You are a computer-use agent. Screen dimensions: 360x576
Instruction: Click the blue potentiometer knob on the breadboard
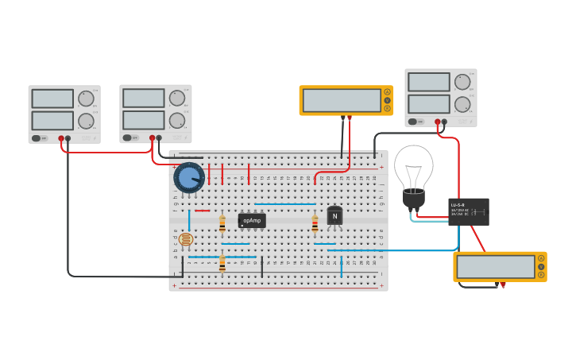pyautogui.click(x=188, y=178)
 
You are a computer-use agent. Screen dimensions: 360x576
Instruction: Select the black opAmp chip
pyautogui.click(x=251, y=220)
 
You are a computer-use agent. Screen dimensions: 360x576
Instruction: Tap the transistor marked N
pyautogui.click(x=334, y=216)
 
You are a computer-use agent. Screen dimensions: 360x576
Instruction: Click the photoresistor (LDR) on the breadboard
pyautogui.click(x=185, y=239)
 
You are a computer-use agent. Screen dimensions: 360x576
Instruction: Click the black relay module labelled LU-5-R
pyautogui.click(x=468, y=212)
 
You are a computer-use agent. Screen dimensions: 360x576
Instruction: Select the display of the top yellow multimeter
pyautogui.click(x=342, y=100)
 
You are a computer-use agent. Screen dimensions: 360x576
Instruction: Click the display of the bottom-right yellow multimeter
pyautogui.click(x=495, y=267)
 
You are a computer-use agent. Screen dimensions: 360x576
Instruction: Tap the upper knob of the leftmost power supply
pyautogui.click(x=86, y=99)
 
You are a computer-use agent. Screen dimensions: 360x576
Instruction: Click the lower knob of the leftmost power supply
pyautogui.click(x=86, y=122)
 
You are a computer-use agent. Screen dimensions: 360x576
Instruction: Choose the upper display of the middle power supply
pyautogui.click(x=144, y=98)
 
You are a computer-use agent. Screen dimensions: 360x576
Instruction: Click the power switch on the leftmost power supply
pyautogui.click(x=36, y=138)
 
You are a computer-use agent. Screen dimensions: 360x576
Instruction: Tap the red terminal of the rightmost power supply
pyautogui.click(x=437, y=122)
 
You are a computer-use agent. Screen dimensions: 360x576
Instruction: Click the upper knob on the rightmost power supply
pyautogui.click(x=462, y=82)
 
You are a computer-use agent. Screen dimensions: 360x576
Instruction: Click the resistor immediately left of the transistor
pyautogui.click(x=315, y=223)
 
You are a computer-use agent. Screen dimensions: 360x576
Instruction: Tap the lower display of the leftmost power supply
pyautogui.click(x=52, y=121)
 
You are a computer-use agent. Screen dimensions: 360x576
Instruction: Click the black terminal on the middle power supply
pyautogui.click(x=159, y=138)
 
